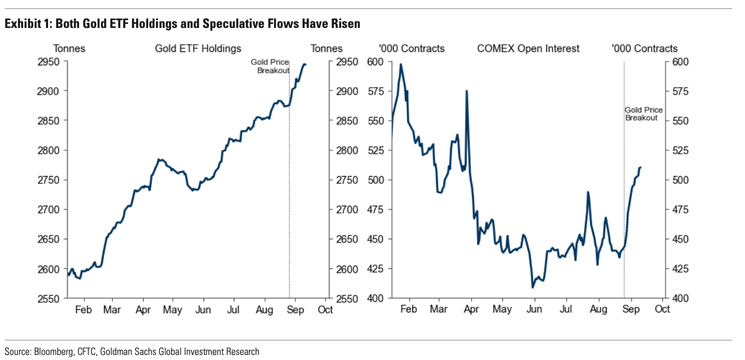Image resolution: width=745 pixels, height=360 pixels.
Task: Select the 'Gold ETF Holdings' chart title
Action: point(198,49)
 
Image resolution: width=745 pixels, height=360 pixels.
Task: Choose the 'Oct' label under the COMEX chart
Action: point(663,310)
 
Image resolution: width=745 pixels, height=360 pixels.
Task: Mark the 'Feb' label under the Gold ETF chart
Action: point(83,310)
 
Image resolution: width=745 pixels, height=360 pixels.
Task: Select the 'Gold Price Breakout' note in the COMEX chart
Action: point(643,114)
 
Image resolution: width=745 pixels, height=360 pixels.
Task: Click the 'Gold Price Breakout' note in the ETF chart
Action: point(270,67)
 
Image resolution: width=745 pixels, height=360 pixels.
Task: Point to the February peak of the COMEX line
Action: point(400,64)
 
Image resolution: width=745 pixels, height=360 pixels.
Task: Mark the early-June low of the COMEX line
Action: point(532,287)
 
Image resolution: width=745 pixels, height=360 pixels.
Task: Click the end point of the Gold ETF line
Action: point(305,64)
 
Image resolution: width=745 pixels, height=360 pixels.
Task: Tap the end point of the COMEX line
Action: point(640,167)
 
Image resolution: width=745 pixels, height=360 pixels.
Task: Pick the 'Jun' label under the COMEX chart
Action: point(535,310)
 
